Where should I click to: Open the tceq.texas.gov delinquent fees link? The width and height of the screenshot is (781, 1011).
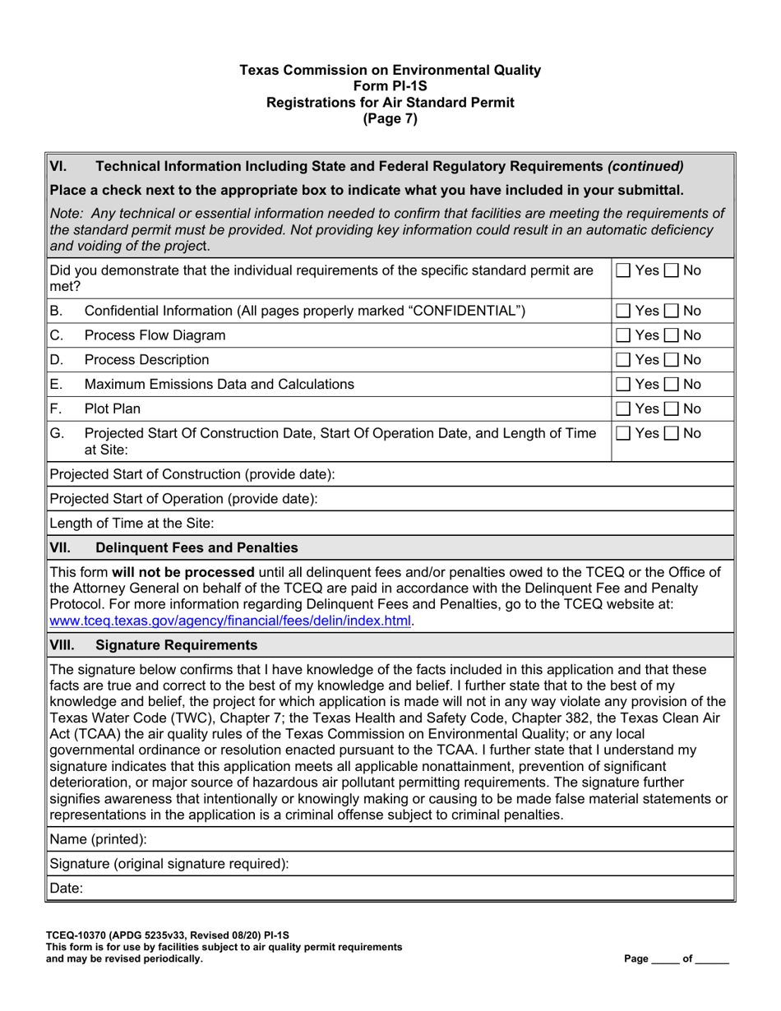pyautogui.click(x=231, y=621)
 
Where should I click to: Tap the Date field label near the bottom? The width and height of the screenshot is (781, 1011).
pyautogui.click(x=67, y=889)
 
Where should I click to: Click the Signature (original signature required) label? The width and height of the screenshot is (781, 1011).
pyautogui.click(x=169, y=864)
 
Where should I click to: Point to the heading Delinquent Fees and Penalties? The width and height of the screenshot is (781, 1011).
pyautogui.click(x=197, y=547)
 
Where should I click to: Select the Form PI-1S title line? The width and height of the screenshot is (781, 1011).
pyautogui.click(x=390, y=86)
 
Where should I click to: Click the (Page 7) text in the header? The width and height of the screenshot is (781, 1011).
pyautogui.click(x=390, y=118)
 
